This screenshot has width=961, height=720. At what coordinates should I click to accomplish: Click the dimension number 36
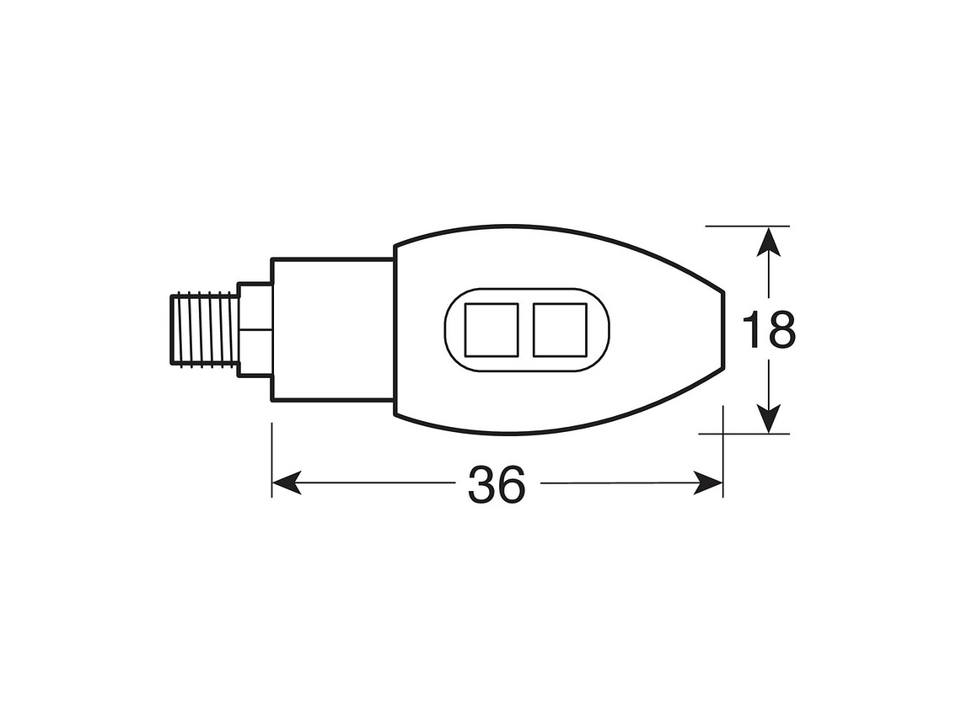pos(497,484)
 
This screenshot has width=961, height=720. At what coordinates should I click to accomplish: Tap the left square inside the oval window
pos(492,329)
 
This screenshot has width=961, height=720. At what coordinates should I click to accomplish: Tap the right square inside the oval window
pos(560,329)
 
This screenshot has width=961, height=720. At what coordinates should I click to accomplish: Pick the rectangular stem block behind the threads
pos(332,329)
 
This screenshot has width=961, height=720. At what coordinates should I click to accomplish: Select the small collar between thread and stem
pos(255,329)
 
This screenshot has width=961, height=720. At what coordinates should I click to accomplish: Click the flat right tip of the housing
pos(723,329)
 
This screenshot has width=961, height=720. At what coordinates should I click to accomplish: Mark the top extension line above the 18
pos(747,226)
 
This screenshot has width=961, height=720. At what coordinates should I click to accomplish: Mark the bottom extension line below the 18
pos(745,434)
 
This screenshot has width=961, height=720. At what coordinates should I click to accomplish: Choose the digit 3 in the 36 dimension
pos(481,484)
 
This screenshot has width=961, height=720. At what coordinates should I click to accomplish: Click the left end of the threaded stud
pos(171,329)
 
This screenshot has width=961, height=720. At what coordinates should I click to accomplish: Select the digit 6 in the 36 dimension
pos(512,484)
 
